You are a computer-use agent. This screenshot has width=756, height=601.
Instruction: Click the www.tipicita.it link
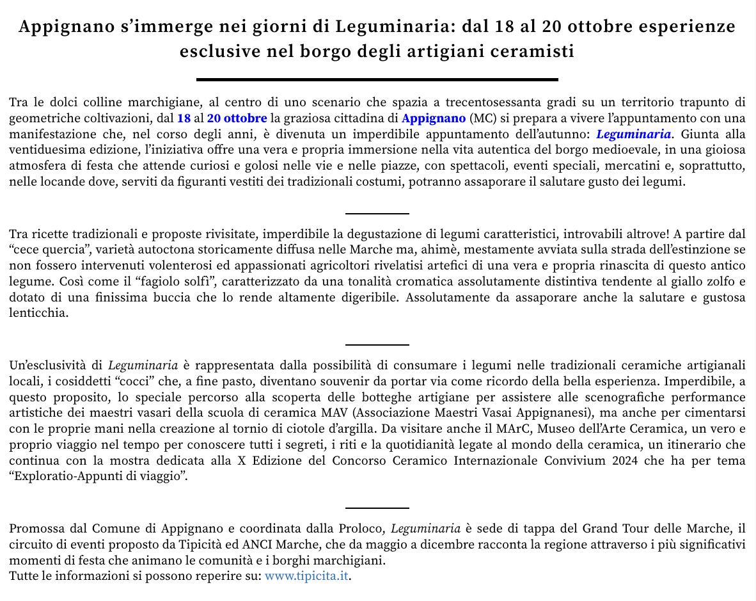pos(306,575)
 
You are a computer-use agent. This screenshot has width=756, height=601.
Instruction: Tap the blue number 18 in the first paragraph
pos(184,118)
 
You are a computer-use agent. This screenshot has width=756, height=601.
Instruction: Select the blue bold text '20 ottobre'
pos(237,118)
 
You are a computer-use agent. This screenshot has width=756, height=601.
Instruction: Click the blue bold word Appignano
pos(434,118)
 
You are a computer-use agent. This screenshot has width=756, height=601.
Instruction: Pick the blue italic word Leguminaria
pos(634,134)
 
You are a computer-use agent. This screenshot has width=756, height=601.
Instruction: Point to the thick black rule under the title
pos(377,79)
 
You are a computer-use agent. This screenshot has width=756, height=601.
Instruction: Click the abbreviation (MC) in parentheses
pos(482,118)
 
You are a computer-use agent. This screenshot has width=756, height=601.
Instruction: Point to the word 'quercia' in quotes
pos(63,250)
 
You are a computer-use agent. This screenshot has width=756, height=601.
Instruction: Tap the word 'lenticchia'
pos(37,313)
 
